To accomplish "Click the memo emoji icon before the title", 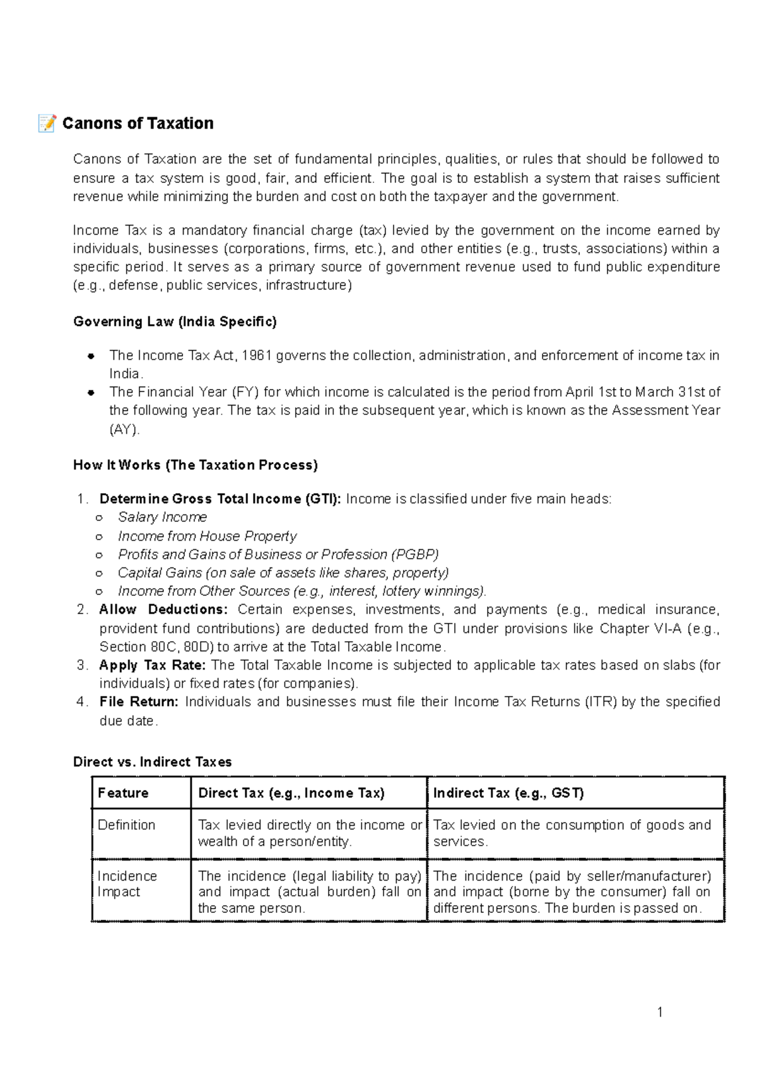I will tap(47, 123).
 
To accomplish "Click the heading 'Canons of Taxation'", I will tap(138, 124).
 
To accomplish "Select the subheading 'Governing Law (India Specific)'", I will tap(175, 322).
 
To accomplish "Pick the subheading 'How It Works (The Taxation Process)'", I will tap(195, 465).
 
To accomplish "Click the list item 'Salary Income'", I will tap(162, 518).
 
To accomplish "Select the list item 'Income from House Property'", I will tap(207, 537).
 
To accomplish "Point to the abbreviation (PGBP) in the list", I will tap(414, 555).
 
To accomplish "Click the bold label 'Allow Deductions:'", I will tap(163, 610).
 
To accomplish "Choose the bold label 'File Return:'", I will tap(139, 702).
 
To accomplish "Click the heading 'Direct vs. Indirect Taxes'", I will tap(152, 762).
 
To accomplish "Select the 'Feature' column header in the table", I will tap(123, 793).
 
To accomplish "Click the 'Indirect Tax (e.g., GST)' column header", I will tap(508, 793).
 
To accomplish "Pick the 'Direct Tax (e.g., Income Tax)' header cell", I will tap(291, 793).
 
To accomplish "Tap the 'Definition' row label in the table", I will tap(126, 825).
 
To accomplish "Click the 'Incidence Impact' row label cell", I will tap(127, 884).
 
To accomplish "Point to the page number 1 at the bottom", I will tap(660, 1013).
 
